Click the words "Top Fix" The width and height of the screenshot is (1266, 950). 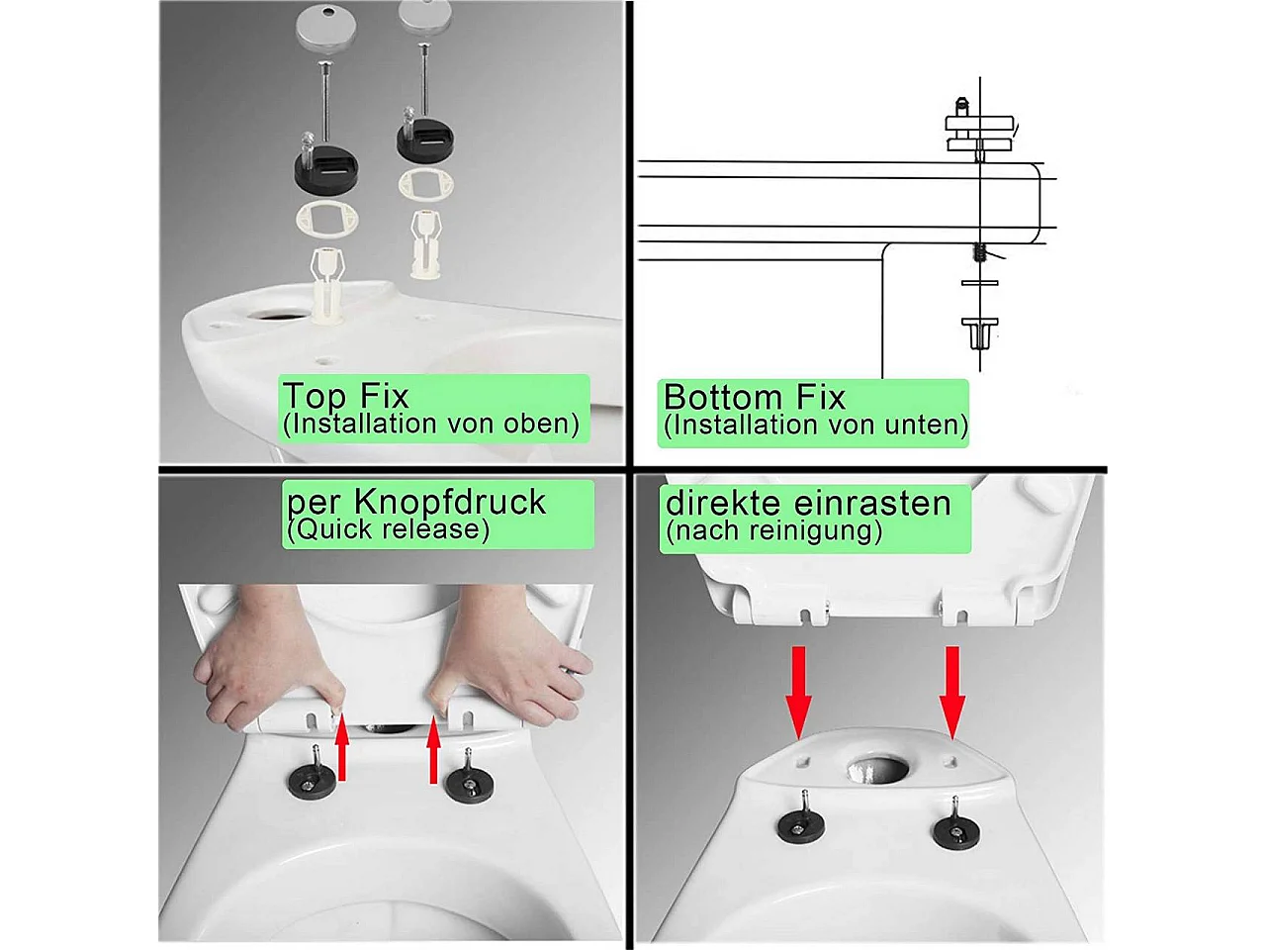[345, 396]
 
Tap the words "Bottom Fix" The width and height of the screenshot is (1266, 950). [755, 397]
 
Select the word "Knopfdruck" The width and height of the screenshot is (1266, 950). [449, 502]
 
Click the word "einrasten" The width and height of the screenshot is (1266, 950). [872, 503]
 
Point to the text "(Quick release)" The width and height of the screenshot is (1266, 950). [388, 528]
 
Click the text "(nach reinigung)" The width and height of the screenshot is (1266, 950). [774, 530]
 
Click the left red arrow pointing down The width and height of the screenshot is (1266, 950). [799, 692]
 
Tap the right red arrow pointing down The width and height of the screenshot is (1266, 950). [952, 692]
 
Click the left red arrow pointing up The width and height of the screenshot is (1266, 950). [342, 747]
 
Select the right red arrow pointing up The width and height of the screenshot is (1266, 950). [434, 750]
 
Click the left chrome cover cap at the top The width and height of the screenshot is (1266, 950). [325, 25]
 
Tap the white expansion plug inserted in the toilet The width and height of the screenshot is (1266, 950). [327, 284]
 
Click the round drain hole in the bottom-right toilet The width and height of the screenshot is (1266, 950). [878, 770]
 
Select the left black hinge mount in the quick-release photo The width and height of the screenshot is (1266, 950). [312, 781]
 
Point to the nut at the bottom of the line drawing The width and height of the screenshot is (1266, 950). [979, 333]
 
